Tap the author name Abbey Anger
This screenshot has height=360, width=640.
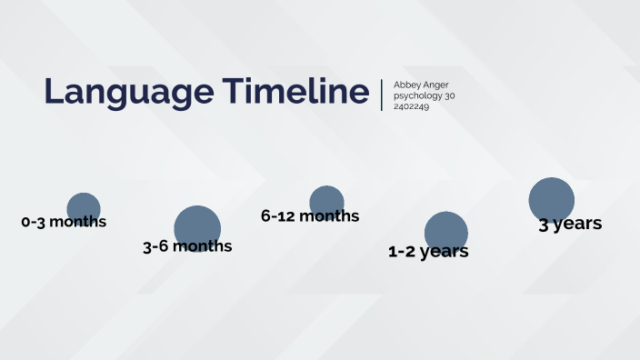tap(421, 85)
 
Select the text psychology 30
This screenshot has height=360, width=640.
tap(424, 95)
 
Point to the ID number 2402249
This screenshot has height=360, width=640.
tap(411, 106)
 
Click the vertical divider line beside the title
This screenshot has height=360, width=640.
tap(382, 95)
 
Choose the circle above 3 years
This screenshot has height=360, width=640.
tap(552, 197)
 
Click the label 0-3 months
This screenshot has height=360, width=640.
tap(64, 222)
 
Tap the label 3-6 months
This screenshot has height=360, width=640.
tap(187, 246)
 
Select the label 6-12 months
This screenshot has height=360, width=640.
tap(310, 216)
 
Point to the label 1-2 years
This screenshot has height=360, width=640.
tap(428, 252)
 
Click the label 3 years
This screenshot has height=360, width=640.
tap(570, 224)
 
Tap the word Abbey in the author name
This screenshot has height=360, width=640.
tap(405, 85)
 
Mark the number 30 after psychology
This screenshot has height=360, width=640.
tap(449, 95)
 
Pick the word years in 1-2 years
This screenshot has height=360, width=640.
tap(445, 252)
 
